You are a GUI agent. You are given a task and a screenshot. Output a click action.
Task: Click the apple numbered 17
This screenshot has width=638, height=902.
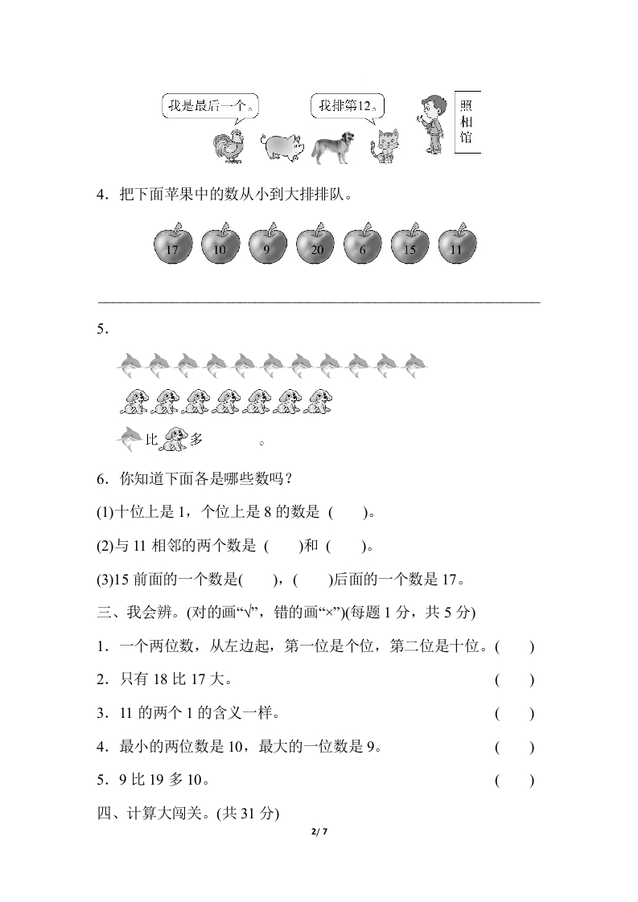[172, 244]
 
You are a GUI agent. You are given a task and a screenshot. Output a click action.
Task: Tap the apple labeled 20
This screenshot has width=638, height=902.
[316, 244]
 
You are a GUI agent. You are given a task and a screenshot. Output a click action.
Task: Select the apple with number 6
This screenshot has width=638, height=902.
[363, 244]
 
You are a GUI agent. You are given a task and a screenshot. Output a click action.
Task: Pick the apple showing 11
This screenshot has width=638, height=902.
[457, 244]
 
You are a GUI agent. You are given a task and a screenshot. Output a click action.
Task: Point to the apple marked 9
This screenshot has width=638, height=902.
[268, 244]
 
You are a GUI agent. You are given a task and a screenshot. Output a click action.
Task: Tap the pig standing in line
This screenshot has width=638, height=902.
[282, 146]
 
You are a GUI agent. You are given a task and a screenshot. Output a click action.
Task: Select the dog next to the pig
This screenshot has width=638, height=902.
[336, 146]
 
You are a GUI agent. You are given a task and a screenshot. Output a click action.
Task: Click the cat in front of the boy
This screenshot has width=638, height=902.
[384, 146]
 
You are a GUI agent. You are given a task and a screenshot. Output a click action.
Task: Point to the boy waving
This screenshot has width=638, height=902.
[430, 125]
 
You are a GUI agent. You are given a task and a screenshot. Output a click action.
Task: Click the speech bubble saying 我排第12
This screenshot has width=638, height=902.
[347, 107]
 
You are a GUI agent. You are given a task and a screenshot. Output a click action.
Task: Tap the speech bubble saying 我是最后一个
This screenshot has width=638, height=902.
[211, 107]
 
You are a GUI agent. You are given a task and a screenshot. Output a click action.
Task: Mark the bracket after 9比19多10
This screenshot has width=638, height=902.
[514, 780]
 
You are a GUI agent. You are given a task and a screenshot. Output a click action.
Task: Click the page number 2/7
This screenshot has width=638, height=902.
[319, 832]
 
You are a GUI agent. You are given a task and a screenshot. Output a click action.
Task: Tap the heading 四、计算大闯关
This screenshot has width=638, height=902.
[187, 813]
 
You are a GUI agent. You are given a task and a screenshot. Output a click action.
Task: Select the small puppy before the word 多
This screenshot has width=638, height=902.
[174, 438]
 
